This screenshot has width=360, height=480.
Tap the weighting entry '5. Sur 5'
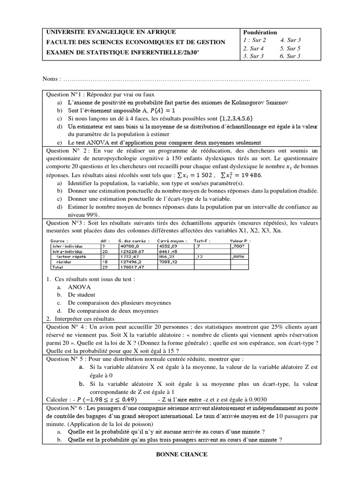(290, 48)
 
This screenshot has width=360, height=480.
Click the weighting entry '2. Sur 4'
(254, 48)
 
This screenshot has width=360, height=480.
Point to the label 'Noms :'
(51, 77)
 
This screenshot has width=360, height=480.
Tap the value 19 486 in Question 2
(250, 175)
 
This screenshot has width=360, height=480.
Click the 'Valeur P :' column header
(240, 240)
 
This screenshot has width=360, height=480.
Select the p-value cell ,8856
(238, 257)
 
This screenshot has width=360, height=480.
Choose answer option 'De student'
(82, 295)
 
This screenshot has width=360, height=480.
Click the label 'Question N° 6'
(65, 408)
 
